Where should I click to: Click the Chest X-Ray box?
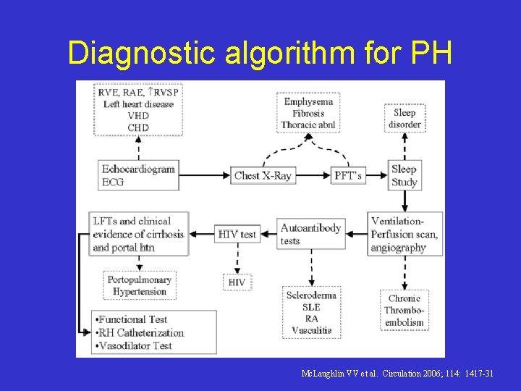(263, 175)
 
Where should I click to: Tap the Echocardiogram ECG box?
(138, 175)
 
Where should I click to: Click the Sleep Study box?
(404, 175)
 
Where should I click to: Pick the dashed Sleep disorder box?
(404, 118)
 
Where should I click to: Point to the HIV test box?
(237, 234)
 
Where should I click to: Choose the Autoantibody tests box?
(310, 234)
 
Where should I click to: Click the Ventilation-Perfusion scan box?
(404, 234)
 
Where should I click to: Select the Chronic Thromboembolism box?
(404, 311)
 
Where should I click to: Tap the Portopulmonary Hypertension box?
(139, 285)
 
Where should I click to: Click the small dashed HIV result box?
(237, 282)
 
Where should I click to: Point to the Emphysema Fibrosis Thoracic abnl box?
(308, 113)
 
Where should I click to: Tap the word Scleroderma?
(311, 295)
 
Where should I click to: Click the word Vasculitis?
(311, 330)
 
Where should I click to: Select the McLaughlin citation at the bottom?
(397, 373)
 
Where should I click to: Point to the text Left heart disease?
(138, 104)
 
